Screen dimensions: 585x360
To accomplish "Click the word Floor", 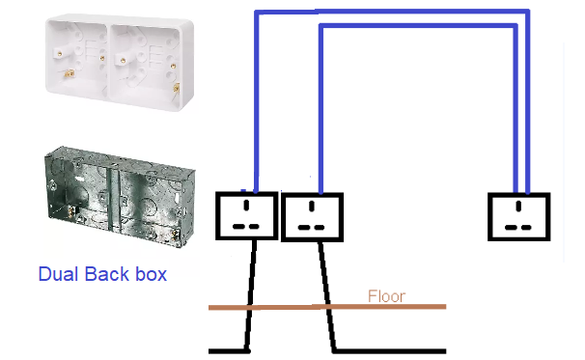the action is [x=386, y=296].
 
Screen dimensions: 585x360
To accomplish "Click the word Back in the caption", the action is [x=107, y=274].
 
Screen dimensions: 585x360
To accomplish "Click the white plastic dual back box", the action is [x=120, y=62].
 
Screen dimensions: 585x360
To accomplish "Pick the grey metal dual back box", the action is [x=120, y=197].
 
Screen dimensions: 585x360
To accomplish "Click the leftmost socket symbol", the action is [x=246, y=215].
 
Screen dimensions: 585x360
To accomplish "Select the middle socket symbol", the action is [x=312, y=217].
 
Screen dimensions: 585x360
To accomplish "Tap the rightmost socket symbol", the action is [x=519, y=216].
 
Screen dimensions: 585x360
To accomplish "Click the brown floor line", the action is [x=327, y=307].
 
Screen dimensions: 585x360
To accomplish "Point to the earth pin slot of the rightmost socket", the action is [x=518, y=206].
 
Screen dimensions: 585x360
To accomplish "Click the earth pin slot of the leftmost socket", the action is [x=246, y=205].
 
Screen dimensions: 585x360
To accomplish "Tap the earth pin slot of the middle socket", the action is [x=312, y=206].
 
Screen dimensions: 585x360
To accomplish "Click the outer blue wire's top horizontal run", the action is [x=392, y=12].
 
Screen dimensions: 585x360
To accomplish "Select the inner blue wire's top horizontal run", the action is [x=418, y=25].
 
